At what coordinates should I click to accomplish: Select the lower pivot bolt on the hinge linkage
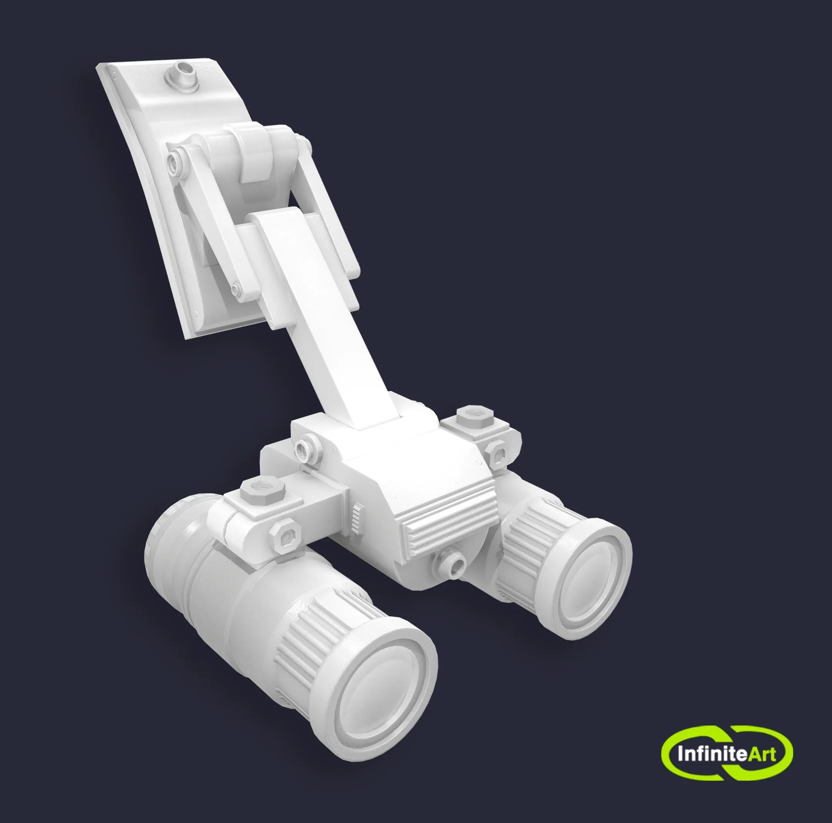point(236,288)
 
